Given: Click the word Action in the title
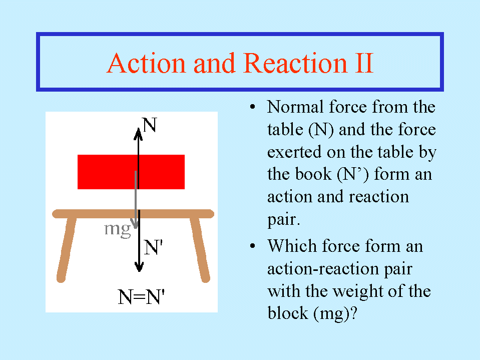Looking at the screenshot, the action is pyautogui.click(x=147, y=63).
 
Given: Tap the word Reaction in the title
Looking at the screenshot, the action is pyautogui.click(x=296, y=63).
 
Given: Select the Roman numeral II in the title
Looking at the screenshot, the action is pyautogui.click(x=364, y=63).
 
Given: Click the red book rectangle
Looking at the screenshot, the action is pyautogui.click(x=131, y=172).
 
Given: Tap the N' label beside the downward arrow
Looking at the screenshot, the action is pyautogui.click(x=153, y=247).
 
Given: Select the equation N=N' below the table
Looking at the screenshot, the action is pyautogui.click(x=141, y=296).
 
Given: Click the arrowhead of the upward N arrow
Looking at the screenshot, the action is pyautogui.click(x=138, y=134).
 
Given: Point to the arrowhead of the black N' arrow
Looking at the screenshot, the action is pyautogui.click(x=139, y=266).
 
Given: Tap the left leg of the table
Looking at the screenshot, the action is pyautogui.click(x=66, y=248).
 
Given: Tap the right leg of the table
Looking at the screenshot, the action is pyautogui.click(x=200, y=248).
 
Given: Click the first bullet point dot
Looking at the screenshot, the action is pyautogui.click(x=253, y=107).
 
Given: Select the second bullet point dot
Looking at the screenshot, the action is pyautogui.click(x=253, y=246).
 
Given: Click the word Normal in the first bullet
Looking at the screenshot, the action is pyautogui.click(x=295, y=107).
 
